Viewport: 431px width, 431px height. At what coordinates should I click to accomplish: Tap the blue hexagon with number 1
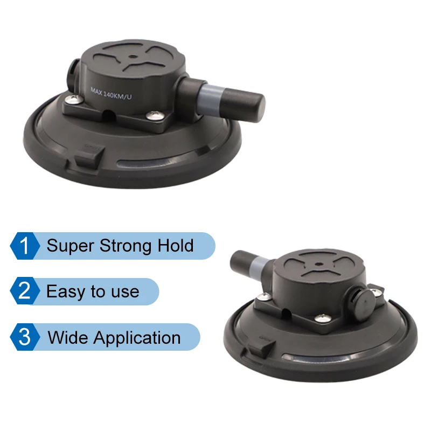pos(25,246)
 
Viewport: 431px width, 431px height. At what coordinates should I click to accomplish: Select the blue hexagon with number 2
pos(25,291)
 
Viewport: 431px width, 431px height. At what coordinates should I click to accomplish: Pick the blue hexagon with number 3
pos(25,337)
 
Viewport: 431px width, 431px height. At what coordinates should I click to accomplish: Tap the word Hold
pos(176,246)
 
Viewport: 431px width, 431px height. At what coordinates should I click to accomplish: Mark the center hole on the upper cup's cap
pos(131,56)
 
